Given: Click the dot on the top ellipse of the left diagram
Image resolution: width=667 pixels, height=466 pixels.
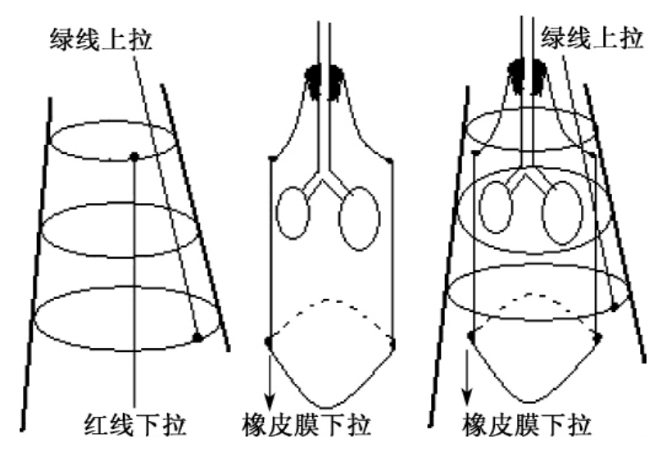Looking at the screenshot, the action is click(134, 155).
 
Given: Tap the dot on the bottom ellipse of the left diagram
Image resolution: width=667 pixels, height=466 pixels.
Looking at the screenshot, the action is click(197, 337).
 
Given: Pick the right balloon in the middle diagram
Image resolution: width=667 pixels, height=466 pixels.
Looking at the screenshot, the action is click(359, 218).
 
